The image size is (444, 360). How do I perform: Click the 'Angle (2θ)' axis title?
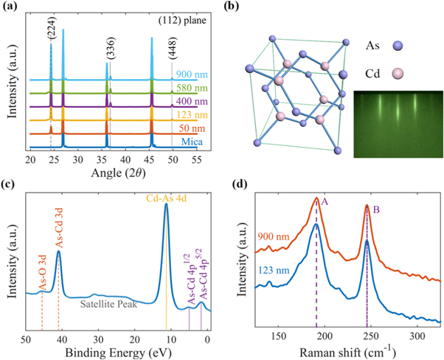click(114, 173)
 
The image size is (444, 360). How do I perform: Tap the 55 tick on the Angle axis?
click(197, 159)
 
